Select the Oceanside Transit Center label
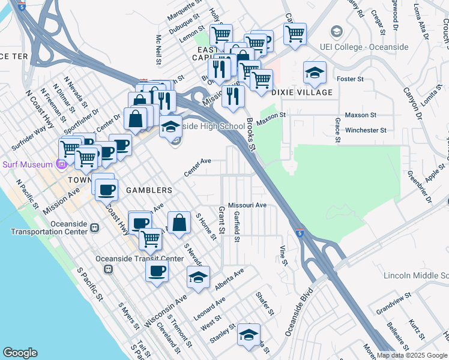[x=139, y=259]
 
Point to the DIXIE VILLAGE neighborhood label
[x=302, y=92]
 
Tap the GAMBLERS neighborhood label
[x=149, y=190]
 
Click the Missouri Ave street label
[x=247, y=205]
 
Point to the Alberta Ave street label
[x=230, y=280]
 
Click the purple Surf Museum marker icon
[x=61, y=164]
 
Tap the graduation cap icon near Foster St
[x=315, y=73]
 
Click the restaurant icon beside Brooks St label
[x=233, y=95]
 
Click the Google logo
[x=20, y=353]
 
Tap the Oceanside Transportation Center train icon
[x=94, y=227]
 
